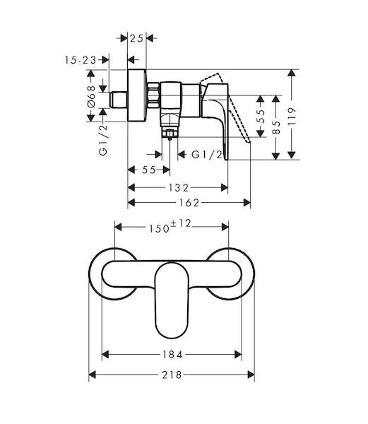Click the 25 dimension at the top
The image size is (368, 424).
(136, 38)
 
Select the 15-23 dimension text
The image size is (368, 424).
(81, 60)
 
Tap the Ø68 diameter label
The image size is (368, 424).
(91, 96)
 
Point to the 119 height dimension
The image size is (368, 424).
(292, 116)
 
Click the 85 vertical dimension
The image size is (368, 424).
(276, 127)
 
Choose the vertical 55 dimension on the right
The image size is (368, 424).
(261, 117)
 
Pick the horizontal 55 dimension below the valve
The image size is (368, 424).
(149, 170)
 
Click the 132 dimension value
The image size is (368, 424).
(178, 188)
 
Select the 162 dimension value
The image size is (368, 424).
(189, 203)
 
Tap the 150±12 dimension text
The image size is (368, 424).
(170, 226)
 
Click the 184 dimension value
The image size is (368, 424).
(172, 354)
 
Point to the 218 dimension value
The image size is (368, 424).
(172, 375)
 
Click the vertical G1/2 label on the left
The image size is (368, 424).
(103, 139)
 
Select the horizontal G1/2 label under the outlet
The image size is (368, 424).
(207, 155)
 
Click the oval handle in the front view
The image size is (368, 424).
(172, 300)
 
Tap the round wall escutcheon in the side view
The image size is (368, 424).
(137, 95)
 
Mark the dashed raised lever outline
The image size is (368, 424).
(225, 105)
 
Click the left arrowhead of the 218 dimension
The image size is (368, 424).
(93, 375)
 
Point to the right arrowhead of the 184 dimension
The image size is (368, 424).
(238, 354)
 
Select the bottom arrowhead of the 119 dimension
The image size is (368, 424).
(292, 155)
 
